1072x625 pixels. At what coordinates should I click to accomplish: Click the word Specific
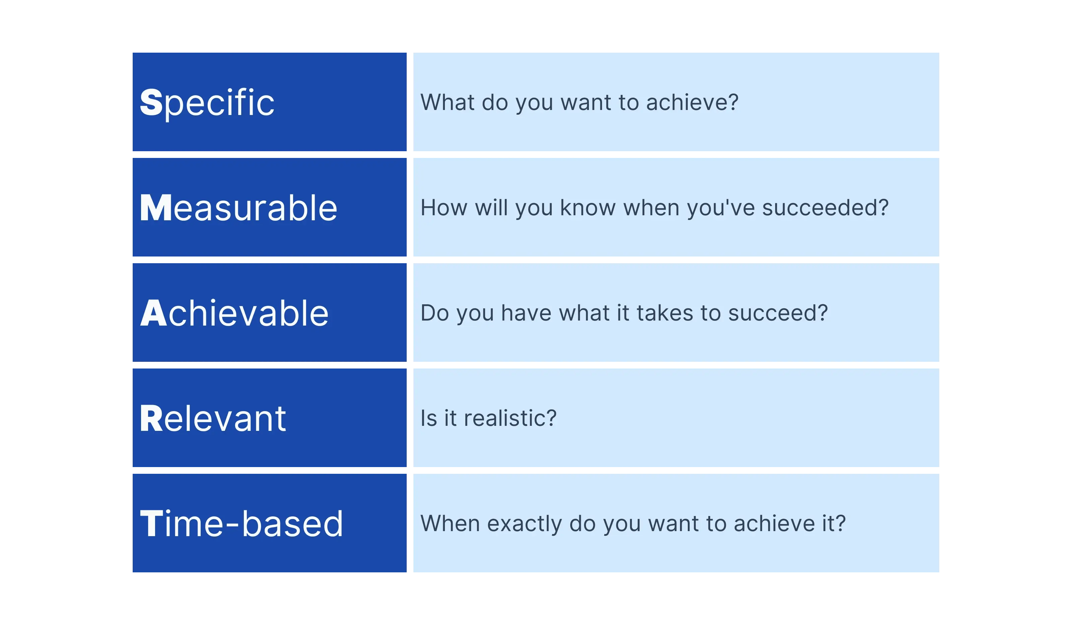click(x=207, y=103)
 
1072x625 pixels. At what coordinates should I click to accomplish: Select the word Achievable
click(x=234, y=314)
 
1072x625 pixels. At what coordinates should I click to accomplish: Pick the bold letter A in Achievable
click(x=153, y=314)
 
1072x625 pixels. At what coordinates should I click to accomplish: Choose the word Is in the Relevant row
click(x=428, y=418)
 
